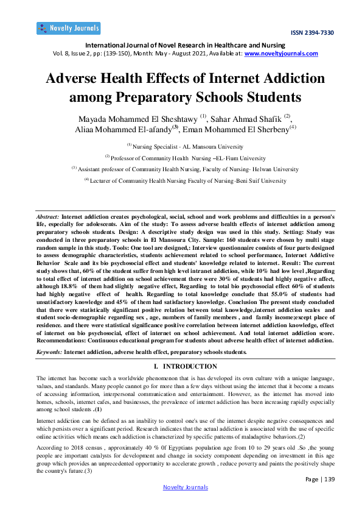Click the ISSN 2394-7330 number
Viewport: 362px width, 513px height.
coord(312,32)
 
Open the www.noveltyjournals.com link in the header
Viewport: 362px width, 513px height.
coord(281,53)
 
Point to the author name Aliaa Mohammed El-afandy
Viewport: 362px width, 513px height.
coord(116,129)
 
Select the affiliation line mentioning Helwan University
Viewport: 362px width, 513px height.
coord(181,168)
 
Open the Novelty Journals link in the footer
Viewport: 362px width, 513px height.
coord(186,487)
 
